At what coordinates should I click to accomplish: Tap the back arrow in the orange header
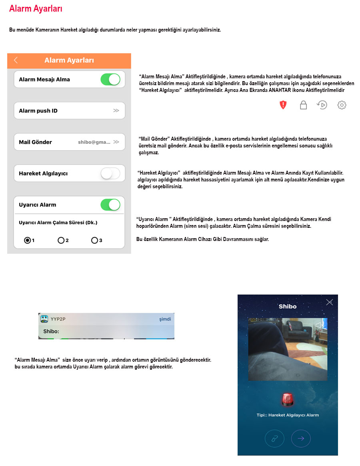16,60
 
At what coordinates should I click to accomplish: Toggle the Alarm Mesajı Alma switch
110,80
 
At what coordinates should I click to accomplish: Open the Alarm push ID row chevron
116,111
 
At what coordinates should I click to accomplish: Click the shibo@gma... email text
94,142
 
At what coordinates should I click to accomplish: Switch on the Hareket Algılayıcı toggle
110,173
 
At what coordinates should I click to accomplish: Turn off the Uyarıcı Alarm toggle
110,205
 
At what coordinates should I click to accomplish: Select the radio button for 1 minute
27,240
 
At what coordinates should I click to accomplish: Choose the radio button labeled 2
61,240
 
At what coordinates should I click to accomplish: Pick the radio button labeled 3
94,240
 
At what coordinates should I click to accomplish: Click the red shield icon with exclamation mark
283,105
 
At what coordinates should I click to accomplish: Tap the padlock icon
303,105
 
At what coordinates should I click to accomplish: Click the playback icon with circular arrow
322,105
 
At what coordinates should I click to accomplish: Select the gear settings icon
342,105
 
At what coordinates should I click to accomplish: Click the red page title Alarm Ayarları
36,8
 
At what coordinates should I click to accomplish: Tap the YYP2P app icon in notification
44,319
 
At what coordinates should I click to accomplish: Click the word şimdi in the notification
165,319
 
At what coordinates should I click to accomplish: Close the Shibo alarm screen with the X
329,302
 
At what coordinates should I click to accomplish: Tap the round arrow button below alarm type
301,438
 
